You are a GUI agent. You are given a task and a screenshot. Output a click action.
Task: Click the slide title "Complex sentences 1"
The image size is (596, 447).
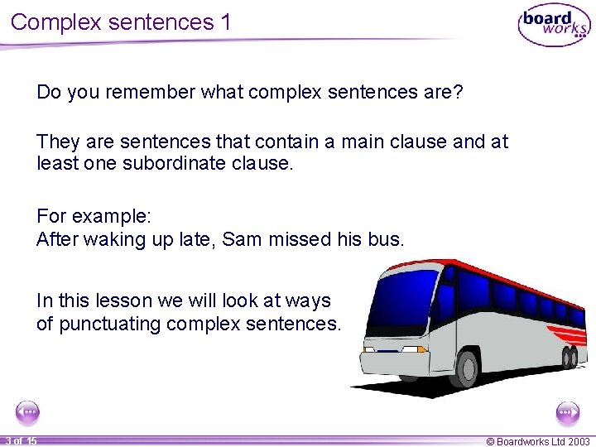coord(121,22)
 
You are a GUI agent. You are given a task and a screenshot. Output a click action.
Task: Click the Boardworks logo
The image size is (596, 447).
coord(554,26)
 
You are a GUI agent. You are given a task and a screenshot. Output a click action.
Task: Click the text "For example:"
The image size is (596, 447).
coord(94,217)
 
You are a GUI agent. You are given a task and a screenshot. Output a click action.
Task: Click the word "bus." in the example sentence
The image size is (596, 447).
coord(386,240)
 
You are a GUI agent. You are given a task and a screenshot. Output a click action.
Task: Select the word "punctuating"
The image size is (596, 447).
coord(110,324)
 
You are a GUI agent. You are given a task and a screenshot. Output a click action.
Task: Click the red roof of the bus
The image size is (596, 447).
coord(480,269)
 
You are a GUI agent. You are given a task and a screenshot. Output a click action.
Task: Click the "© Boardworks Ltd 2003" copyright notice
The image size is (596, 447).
coord(539,440)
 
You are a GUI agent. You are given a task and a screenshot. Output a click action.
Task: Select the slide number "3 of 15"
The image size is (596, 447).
coord(20,440)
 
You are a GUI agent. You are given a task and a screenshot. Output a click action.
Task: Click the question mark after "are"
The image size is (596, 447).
coord(458,92)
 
